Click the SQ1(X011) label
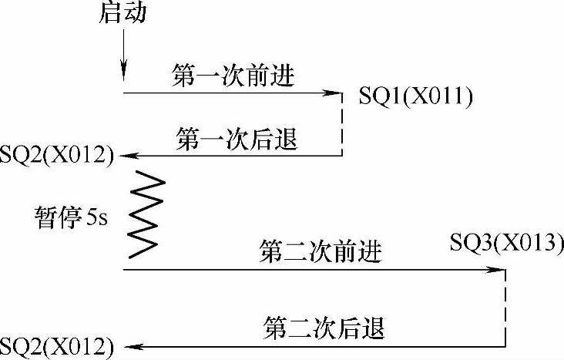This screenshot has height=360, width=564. tap(415, 96)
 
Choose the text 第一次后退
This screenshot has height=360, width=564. tap(237, 140)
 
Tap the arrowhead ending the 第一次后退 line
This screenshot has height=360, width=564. tap(128, 156)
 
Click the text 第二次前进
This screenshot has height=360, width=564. tap(322, 252)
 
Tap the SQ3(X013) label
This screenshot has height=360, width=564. tap(507, 244)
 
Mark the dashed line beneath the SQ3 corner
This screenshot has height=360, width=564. tap(506, 306)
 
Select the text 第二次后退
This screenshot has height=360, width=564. tap(322, 328)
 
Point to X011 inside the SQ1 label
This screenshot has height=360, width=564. tap(438, 96)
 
